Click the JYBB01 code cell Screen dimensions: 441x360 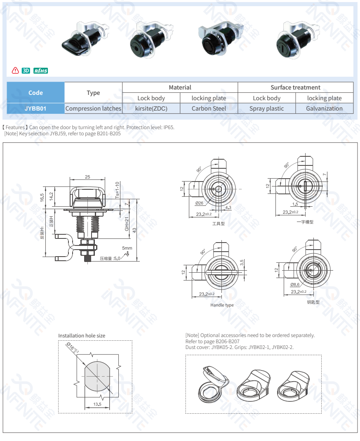pos(35,108)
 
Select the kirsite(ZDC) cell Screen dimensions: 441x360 pos(151,108)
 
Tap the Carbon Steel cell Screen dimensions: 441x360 pos(209,108)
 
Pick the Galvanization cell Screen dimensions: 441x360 pos(324,108)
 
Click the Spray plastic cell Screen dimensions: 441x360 pos(266,108)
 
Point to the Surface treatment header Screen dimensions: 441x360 pos(295,87)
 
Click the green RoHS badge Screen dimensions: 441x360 pos(41,71)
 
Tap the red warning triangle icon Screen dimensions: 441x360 pos(16,71)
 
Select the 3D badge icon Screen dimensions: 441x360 pos(26,71)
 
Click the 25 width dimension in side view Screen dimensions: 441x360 pos(87,177)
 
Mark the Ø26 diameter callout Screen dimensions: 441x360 pos(199,203)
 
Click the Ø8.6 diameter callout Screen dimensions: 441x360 pos(294,285)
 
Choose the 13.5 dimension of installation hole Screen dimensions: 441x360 pos(97,404)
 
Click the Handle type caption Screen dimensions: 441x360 pos(222,305)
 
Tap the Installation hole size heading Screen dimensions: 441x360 pos(82,336)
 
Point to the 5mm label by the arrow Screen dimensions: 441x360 pos(127,248)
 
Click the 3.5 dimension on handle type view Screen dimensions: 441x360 pos(242,262)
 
